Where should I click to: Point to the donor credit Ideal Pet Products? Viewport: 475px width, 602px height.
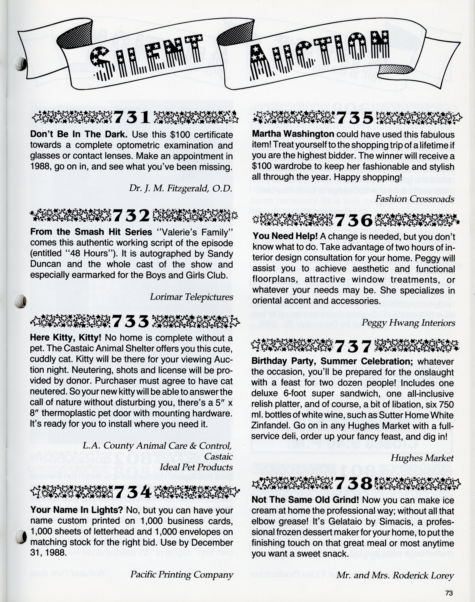point(196,467)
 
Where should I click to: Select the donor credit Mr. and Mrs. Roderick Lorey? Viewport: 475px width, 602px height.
point(395,575)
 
